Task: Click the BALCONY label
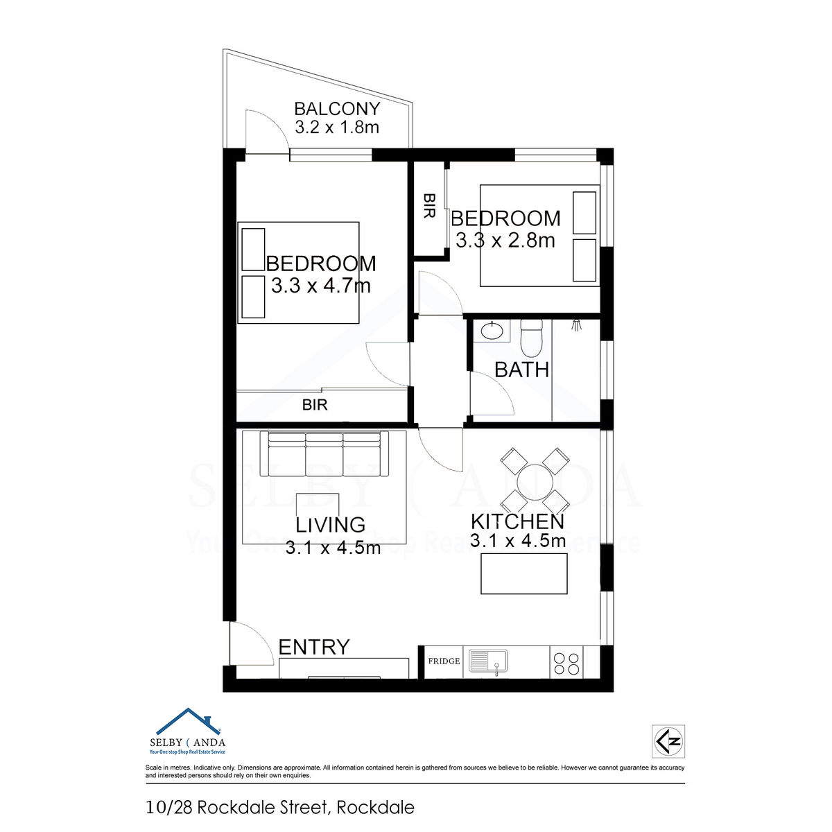point(337,108)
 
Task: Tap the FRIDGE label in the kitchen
point(444,661)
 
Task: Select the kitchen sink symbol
point(488,662)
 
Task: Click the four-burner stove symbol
point(566,664)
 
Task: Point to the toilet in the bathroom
point(531,336)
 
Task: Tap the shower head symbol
point(576,324)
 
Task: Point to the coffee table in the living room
point(318,504)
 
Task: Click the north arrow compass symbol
point(668,741)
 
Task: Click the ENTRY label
point(314,647)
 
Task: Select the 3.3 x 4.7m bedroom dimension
point(321,286)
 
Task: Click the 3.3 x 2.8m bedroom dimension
point(505,240)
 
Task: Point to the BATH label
point(521,370)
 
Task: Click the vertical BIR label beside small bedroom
point(429,205)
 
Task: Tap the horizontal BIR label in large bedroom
point(315,404)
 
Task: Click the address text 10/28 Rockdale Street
point(239,807)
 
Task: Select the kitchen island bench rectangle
point(524,574)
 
